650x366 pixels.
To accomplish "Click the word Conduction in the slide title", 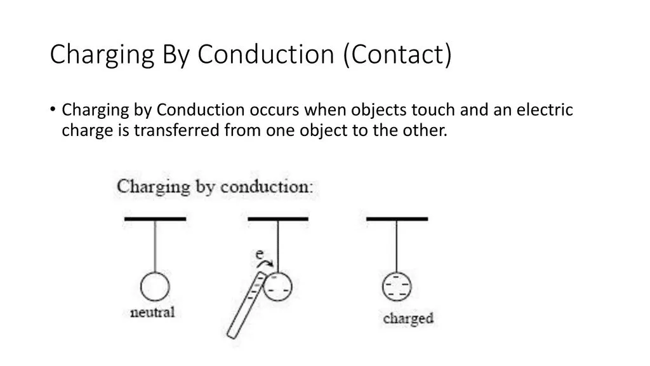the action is (x=266, y=54).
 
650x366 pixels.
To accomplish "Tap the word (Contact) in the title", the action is (x=397, y=55).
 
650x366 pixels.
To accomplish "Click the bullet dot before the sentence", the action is (x=53, y=109).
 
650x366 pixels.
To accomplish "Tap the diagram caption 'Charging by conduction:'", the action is (x=215, y=187).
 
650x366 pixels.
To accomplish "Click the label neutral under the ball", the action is (x=152, y=313).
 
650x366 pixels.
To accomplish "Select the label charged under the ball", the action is (x=408, y=319).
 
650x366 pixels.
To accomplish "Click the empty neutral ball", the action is (x=155, y=287).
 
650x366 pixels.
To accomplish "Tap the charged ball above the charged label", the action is (x=397, y=287).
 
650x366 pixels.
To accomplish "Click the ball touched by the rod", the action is (x=278, y=287).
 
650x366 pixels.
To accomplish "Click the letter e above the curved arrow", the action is (x=260, y=254).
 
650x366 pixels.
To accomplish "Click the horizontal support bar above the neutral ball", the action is (x=155, y=219).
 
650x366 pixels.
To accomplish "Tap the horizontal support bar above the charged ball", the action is (x=397, y=219).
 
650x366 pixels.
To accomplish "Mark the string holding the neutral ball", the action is (x=155, y=247).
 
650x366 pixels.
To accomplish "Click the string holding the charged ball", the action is (x=397, y=247).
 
